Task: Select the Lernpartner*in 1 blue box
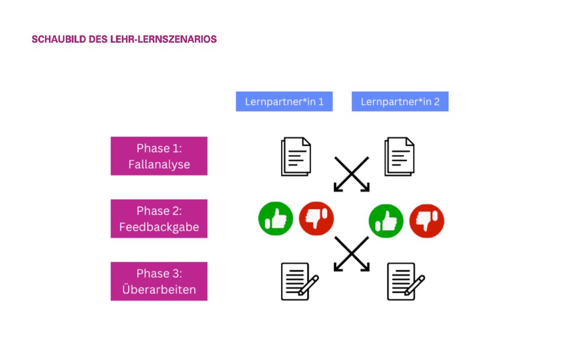[284, 101]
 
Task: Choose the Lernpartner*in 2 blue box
[400, 101]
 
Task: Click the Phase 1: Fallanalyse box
[159, 156]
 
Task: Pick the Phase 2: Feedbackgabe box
[159, 218]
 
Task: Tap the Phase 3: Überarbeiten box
[159, 281]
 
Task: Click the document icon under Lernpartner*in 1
[296, 157]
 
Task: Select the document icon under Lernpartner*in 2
[399, 157]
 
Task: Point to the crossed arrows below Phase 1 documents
[351, 174]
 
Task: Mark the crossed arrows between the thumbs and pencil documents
[351, 254]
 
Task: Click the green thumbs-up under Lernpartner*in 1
[276, 218]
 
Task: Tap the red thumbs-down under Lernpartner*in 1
[317, 218]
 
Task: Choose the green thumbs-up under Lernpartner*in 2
[386, 221]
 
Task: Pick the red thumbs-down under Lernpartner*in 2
[427, 221]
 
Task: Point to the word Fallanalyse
[159, 164]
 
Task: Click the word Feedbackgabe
[159, 227]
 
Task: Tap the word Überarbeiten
[159, 289]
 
